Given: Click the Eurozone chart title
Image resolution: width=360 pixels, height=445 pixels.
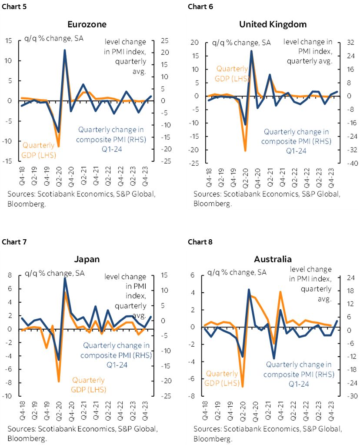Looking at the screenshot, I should pyautogui.click(x=87, y=24).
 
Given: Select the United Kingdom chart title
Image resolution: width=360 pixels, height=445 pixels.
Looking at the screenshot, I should pyautogui.click(x=273, y=24).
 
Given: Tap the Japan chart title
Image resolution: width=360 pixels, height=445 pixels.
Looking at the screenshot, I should pyautogui.click(x=87, y=259).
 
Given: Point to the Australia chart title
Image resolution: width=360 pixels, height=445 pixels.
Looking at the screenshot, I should pyautogui.click(x=273, y=259).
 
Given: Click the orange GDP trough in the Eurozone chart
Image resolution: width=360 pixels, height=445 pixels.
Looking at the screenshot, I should pyautogui.click(x=58, y=146).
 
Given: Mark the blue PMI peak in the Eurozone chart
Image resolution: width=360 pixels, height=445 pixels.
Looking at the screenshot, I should pyautogui.click(x=65, y=50).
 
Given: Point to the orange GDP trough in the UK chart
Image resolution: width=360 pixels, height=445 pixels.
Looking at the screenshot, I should pyautogui.click(x=245, y=151).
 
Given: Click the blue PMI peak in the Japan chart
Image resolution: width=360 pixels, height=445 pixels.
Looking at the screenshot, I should pyautogui.click(x=65, y=278).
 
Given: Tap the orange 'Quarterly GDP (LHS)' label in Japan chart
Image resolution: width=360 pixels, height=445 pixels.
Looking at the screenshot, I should pyautogui.click(x=89, y=385).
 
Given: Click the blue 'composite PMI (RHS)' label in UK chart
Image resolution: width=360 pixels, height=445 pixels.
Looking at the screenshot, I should pyautogui.click(x=296, y=141).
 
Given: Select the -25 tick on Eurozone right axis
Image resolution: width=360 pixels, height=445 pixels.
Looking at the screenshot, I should pyautogui.click(x=167, y=161).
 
